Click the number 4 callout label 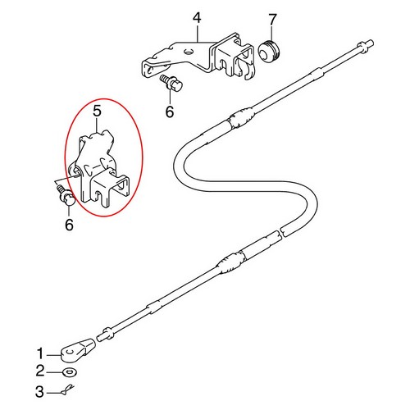pos(197,17)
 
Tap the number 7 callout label pos(273,18)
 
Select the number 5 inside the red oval pos(96,109)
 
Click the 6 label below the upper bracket pos(169,113)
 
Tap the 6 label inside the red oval pos(69,223)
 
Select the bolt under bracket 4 pos(171,84)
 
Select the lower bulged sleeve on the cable pos(225,264)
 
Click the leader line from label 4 pos(198,33)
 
